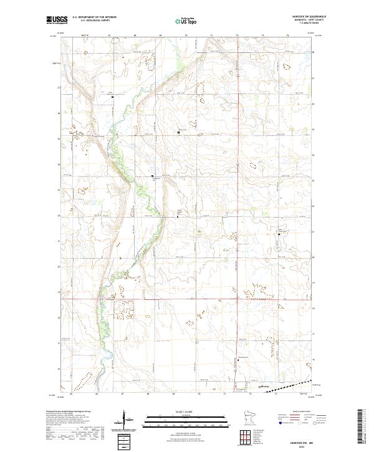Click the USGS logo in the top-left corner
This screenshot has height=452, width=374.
[57, 20]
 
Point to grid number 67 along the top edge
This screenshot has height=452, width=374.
[110, 36]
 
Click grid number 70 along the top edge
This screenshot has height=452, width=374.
[186, 36]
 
